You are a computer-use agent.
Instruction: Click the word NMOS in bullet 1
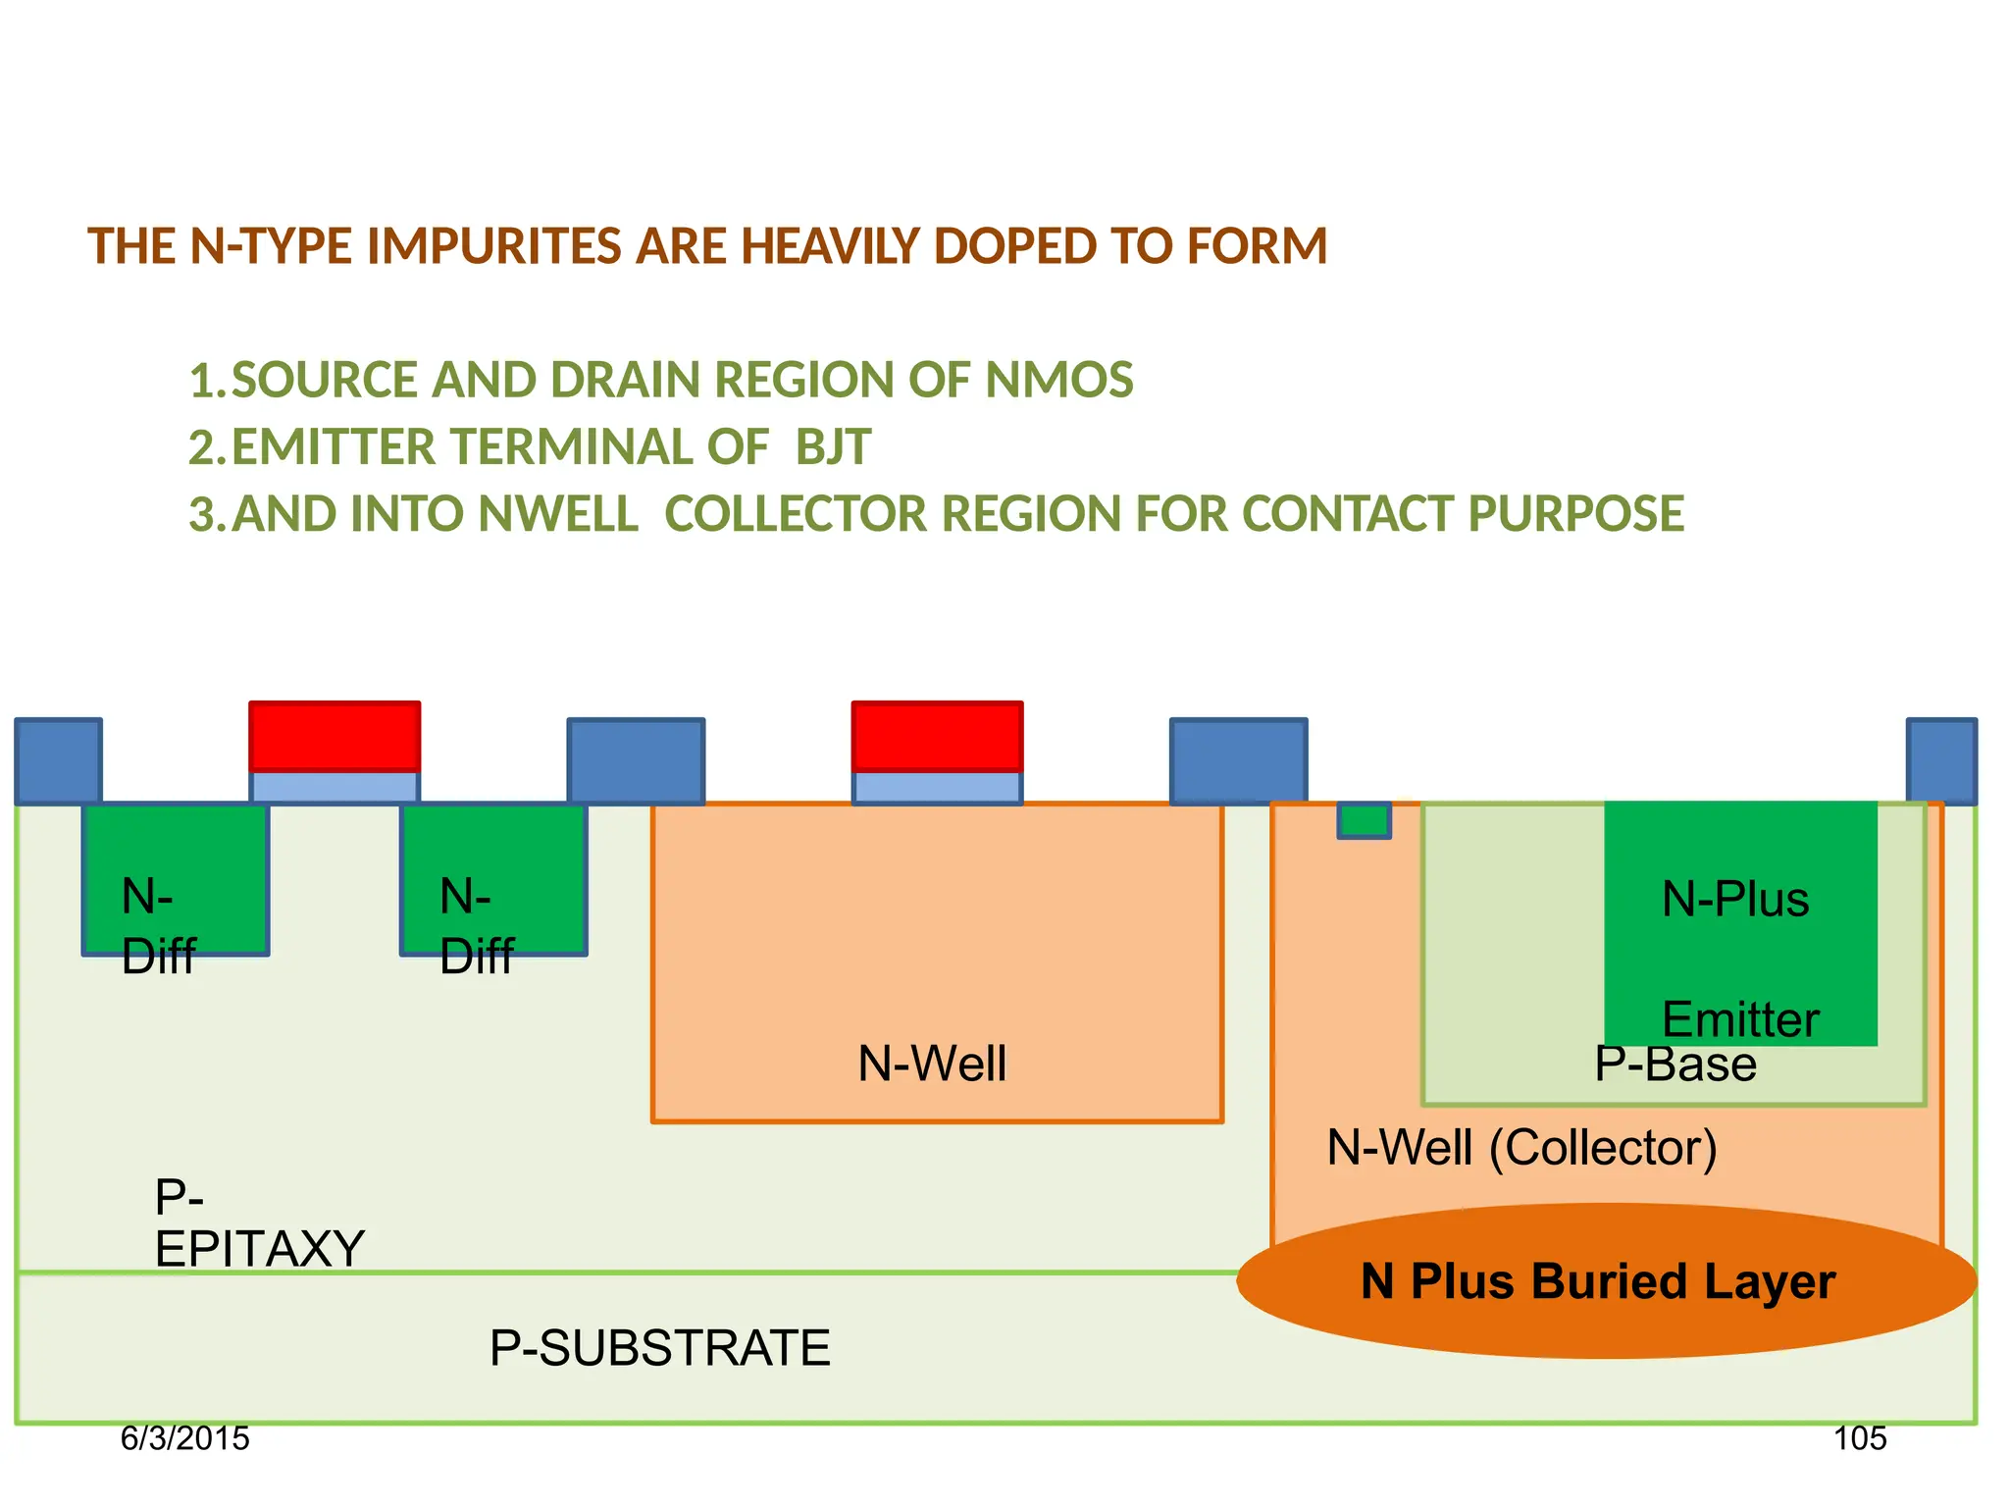point(1058,381)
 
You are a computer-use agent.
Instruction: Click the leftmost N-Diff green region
point(176,878)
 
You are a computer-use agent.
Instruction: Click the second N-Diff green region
point(493,878)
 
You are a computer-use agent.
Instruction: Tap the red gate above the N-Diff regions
point(335,736)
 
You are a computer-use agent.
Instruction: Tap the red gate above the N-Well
point(937,736)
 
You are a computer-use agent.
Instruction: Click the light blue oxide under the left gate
point(335,787)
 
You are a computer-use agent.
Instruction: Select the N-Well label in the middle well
point(932,1064)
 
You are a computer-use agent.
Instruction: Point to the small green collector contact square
point(1364,820)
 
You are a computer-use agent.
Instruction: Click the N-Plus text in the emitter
point(1734,899)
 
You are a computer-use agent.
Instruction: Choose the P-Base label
point(1674,1065)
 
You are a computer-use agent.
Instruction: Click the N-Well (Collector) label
point(1521,1148)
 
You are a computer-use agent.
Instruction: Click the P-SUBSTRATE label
point(659,1348)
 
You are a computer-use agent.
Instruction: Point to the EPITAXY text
point(259,1249)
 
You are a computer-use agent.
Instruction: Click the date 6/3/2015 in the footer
point(184,1438)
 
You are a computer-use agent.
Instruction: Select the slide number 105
point(1860,1438)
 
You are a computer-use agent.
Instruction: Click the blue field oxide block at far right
point(1940,761)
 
